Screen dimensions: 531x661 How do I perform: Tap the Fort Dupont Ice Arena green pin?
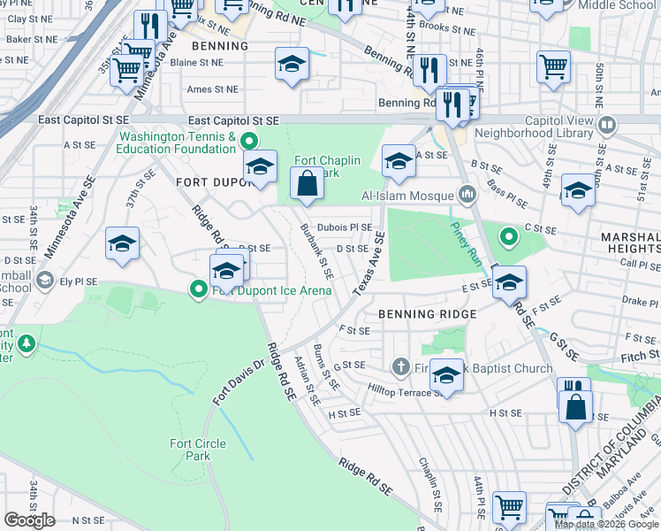200,288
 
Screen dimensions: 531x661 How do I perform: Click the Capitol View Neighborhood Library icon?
606,124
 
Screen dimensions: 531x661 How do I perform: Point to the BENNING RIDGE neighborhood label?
428,314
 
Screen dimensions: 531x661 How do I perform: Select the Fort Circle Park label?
198,450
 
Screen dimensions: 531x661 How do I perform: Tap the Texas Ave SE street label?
368,265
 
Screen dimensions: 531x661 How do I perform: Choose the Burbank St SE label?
315,251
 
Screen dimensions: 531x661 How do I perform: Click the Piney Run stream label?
464,233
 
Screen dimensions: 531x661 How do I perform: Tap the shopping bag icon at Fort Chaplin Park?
307,185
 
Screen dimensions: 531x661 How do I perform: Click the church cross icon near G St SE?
400,366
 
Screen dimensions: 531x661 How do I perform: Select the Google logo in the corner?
29,520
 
